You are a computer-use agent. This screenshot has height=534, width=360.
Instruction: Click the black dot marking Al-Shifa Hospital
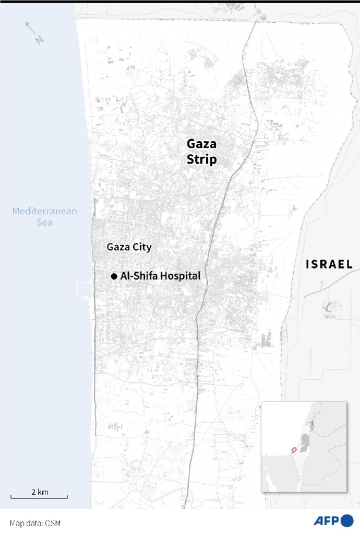pos(114,276)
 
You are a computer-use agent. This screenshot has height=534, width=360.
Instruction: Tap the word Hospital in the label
pos(180,276)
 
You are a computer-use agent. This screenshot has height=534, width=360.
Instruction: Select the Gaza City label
pos(129,247)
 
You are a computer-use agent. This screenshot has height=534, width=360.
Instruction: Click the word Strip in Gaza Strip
pos(202,159)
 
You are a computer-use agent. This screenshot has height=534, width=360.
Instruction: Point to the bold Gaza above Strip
pos(202,144)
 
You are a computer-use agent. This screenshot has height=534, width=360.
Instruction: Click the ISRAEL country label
pos(329,264)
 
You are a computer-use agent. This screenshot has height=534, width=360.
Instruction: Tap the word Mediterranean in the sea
pos(44,211)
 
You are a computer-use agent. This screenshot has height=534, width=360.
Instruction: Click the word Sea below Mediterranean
pos(44,223)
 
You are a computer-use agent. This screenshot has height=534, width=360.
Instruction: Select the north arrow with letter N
pos(34,33)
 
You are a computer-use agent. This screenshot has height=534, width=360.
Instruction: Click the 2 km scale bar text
pos(40,492)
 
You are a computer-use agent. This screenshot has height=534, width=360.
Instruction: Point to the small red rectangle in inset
pos(294,450)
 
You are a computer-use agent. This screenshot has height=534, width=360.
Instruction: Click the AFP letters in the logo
pos(326,521)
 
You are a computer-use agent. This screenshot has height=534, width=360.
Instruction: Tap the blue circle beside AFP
pos(347,520)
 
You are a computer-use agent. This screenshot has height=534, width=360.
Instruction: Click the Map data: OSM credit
pos(35,523)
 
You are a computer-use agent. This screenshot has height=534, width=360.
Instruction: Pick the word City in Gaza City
pos(142,247)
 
